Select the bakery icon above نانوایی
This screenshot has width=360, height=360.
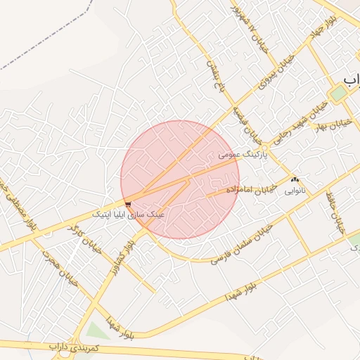pyautogui.click(x=294, y=180)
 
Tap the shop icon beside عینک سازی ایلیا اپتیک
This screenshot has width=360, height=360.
pyautogui.click(x=127, y=204)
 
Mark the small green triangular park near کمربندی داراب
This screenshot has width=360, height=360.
pyautogui.click(x=98, y=331)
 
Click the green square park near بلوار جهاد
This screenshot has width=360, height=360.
pyautogui.click(x=339, y=93)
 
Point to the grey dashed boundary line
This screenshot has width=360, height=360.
pyautogui.click(x=42, y=49)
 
